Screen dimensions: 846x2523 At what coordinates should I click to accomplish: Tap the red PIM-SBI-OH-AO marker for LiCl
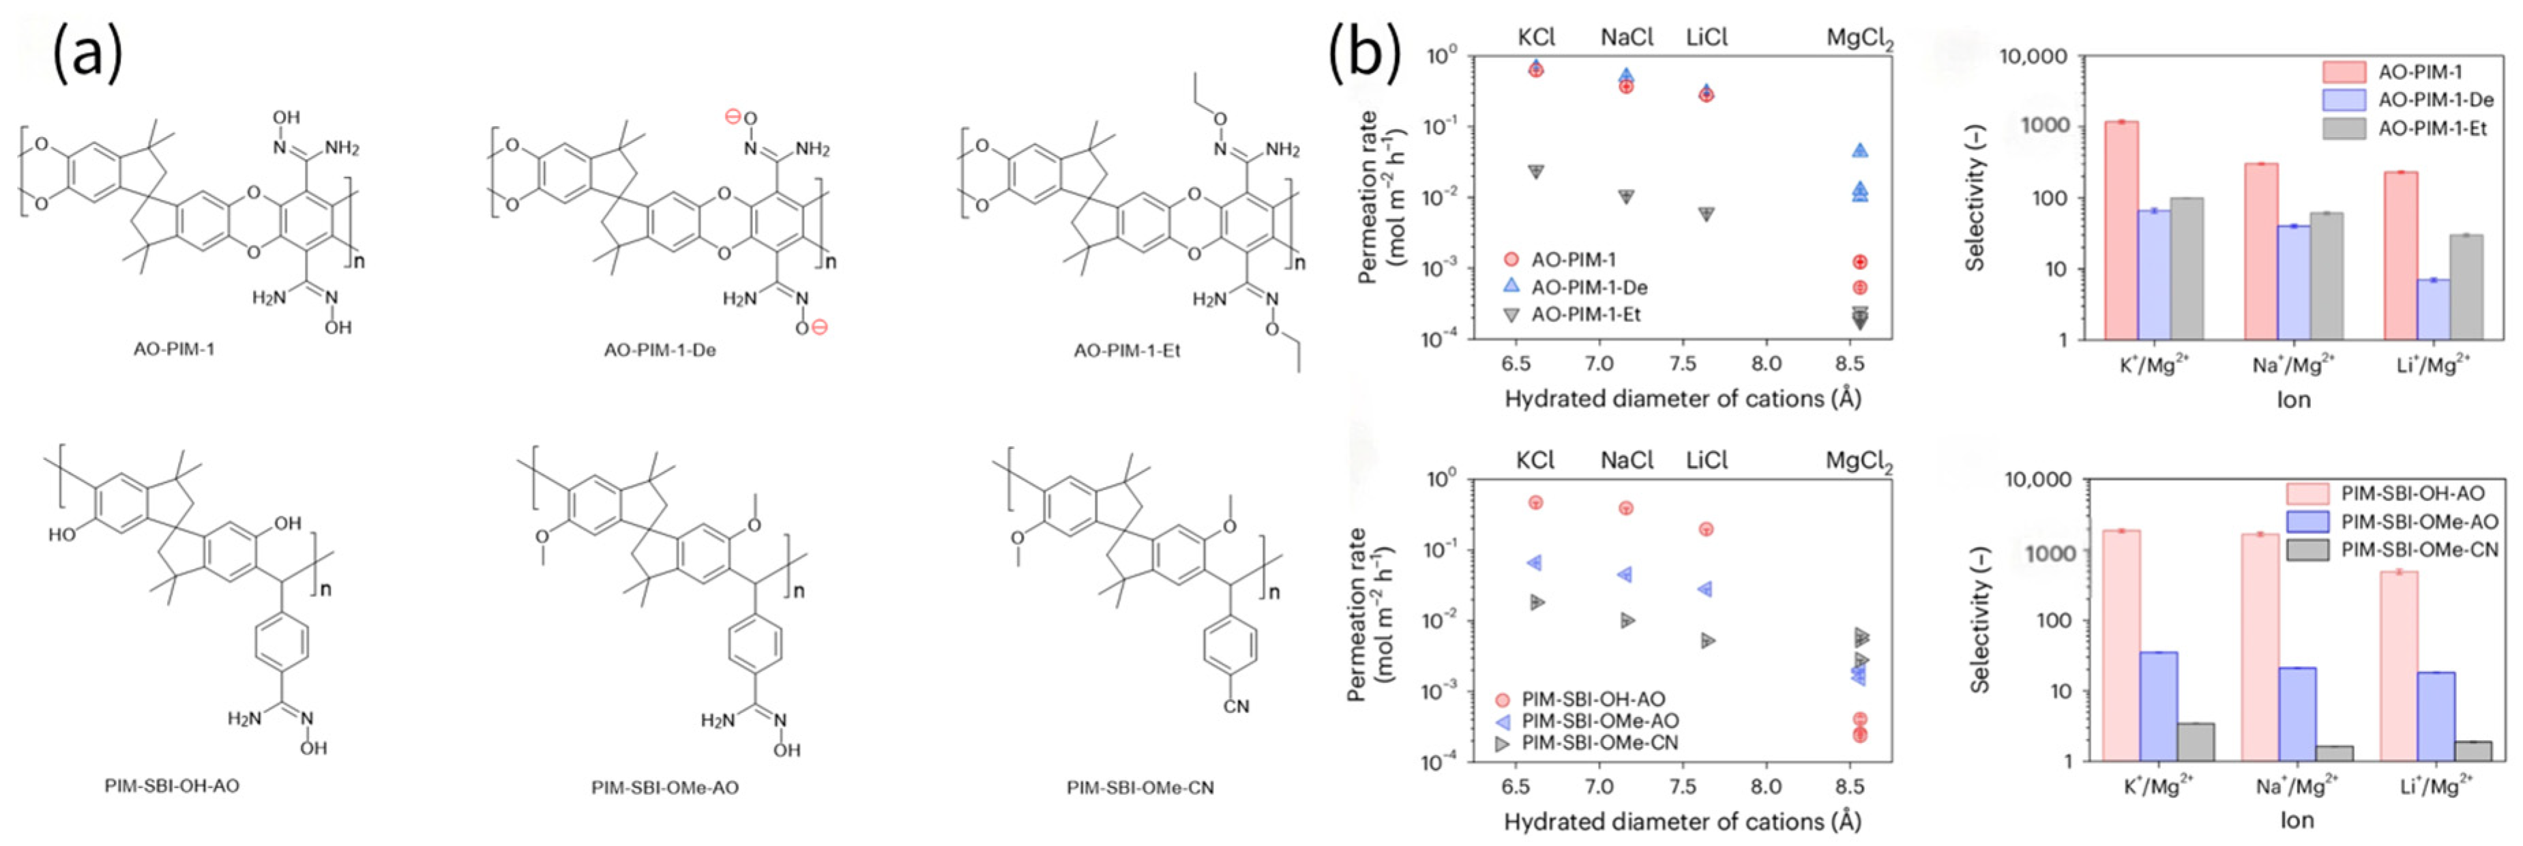(1705, 529)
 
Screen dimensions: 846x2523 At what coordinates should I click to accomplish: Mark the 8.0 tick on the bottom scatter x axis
(1766, 786)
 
